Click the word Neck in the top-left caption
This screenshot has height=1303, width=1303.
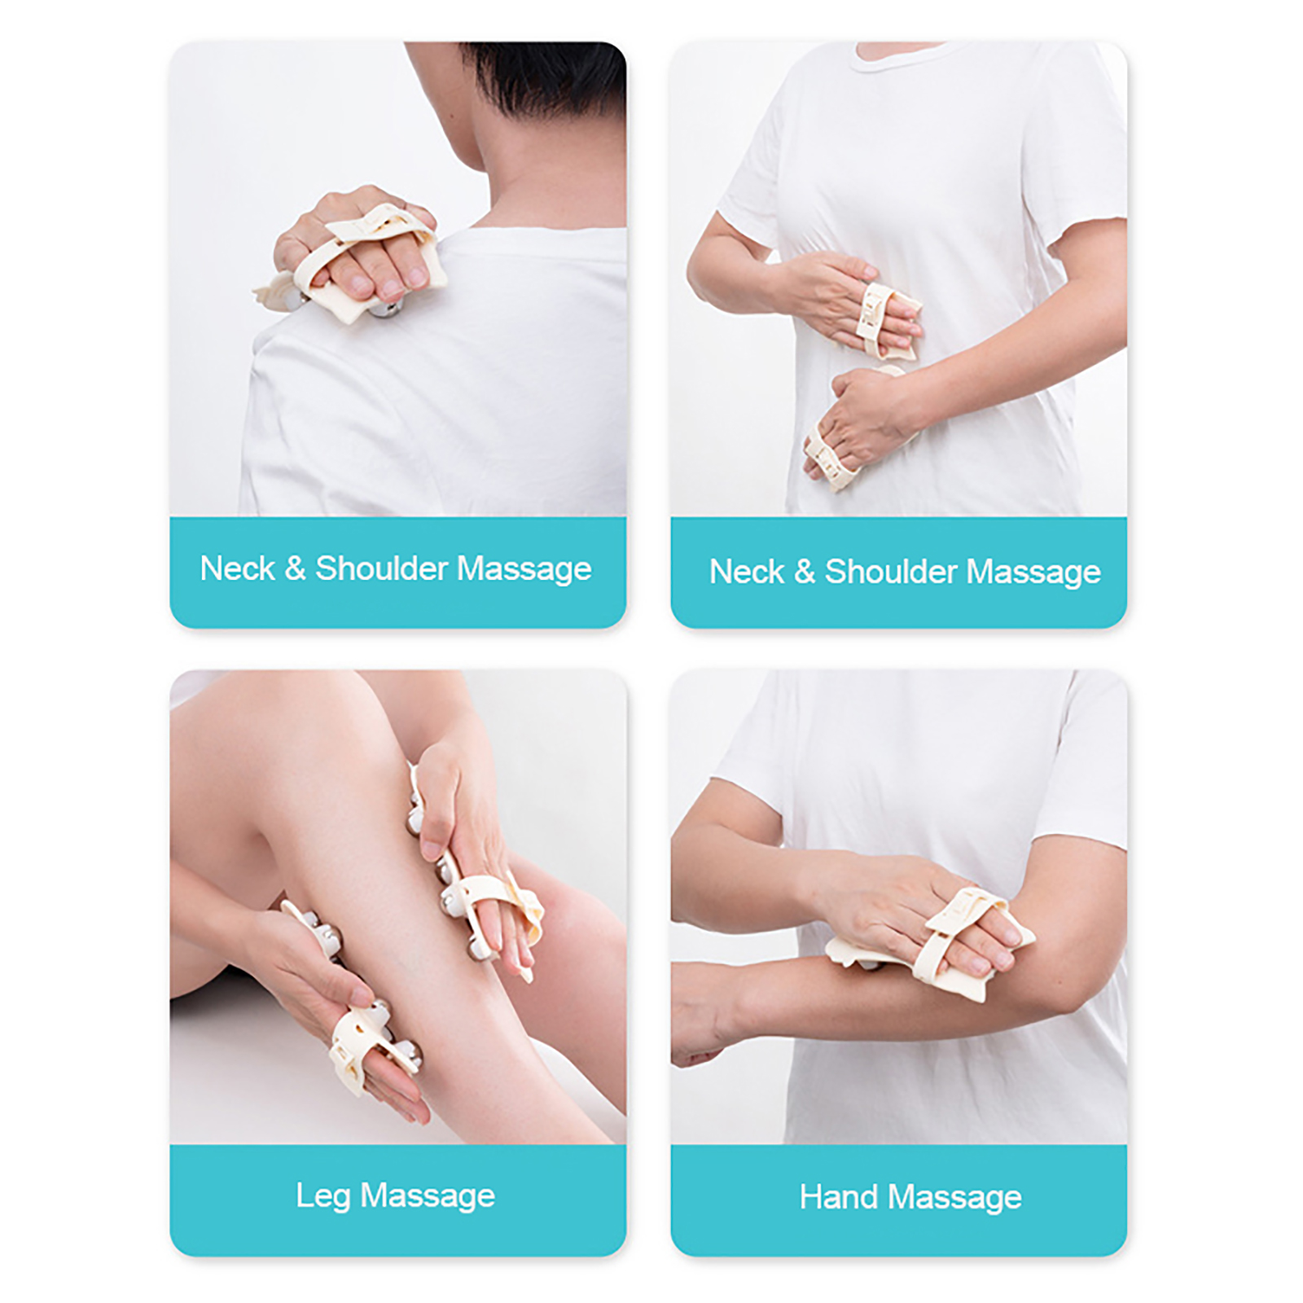(x=237, y=568)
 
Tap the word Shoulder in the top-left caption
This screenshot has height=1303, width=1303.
(x=381, y=568)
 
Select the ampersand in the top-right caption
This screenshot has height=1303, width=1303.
(x=805, y=572)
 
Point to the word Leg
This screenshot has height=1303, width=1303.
(x=323, y=1196)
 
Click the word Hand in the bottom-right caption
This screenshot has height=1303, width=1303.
(x=839, y=1197)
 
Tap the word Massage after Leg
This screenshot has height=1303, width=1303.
(x=428, y=1196)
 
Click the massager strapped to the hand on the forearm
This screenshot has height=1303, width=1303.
(x=937, y=937)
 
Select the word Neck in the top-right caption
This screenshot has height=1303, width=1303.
(x=747, y=572)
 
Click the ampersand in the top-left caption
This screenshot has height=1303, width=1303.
(x=296, y=568)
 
